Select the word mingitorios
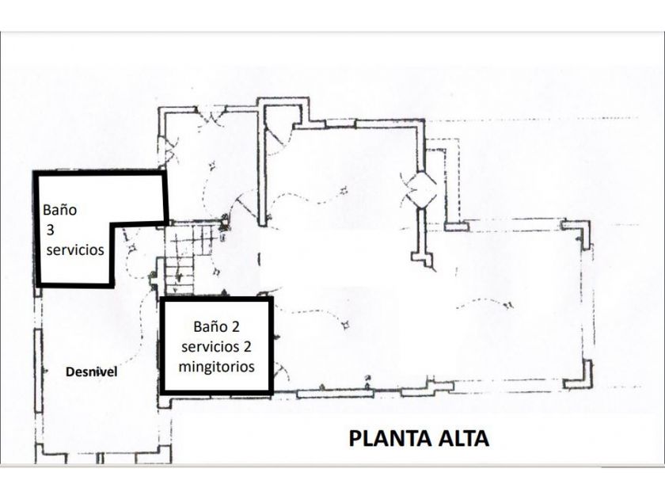(216, 367)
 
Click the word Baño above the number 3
(61, 211)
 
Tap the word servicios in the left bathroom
(74, 250)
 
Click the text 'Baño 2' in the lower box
(216, 326)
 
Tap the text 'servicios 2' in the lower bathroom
(216, 347)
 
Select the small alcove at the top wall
(281, 115)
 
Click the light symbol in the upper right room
(344, 189)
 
